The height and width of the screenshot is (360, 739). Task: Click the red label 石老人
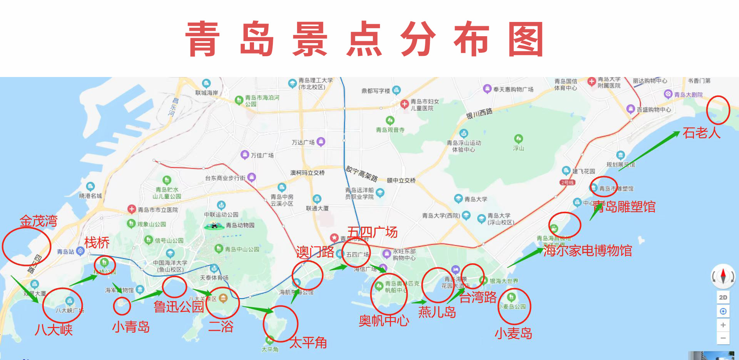click(701, 133)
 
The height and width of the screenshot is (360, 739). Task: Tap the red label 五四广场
click(372, 232)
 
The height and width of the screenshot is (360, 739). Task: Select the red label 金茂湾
click(38, 221)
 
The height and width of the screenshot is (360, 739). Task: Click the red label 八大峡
click(54, 330)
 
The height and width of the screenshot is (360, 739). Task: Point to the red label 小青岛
click(131, 327)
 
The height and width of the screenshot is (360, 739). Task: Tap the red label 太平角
click(308, 342)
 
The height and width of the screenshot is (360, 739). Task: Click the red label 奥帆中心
click(384, 321)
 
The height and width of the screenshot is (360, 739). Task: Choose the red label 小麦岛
click(513, 333)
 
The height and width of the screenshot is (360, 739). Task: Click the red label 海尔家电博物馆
click(587, 251)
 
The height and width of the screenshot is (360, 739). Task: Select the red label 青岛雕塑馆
click(624, 207)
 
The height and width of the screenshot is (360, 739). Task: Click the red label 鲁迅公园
click(179, 307)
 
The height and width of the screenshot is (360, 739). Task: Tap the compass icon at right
click(723, 276)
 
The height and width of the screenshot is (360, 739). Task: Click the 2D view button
click(723, 297)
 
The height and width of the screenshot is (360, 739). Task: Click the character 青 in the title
click(203, 39)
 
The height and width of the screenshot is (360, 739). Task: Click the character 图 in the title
click(526, 39)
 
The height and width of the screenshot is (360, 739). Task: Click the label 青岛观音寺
click(390, 130)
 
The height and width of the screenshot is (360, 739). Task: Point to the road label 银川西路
click(479, 114)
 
